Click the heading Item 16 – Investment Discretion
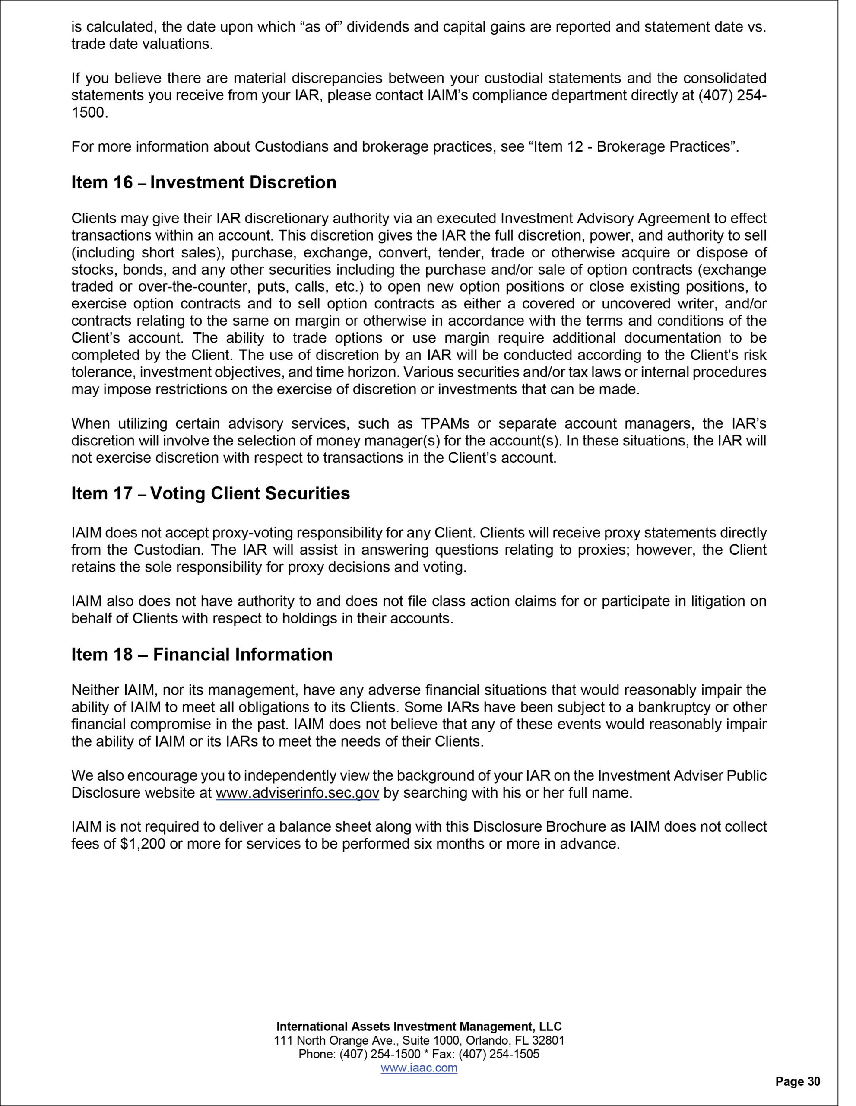tap(203, 183)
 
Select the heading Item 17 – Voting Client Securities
tap(211, 494)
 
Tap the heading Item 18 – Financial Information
tap(202, 654)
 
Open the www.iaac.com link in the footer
tap(418, 1068)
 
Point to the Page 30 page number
tap(798, 1082)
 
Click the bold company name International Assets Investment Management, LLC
tap(418, 1027)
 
